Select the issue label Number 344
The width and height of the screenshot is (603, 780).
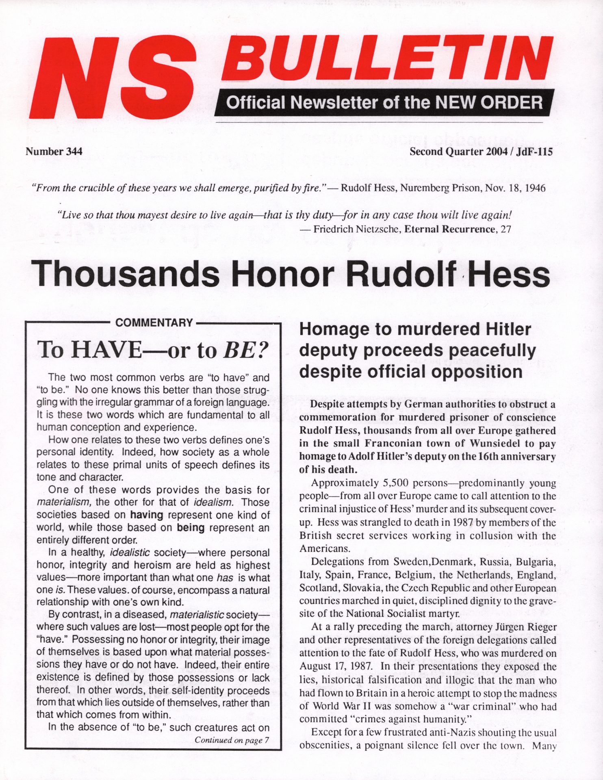(x=54, y=152)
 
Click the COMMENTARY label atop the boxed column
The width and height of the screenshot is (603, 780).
(x=154, y=323)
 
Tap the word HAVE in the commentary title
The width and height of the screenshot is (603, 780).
(x=107, y=349)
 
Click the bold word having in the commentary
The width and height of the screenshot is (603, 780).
(x=146, y=515)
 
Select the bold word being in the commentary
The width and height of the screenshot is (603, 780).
(x=190, y=527)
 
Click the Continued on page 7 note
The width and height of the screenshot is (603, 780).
(x=232, y=740)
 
